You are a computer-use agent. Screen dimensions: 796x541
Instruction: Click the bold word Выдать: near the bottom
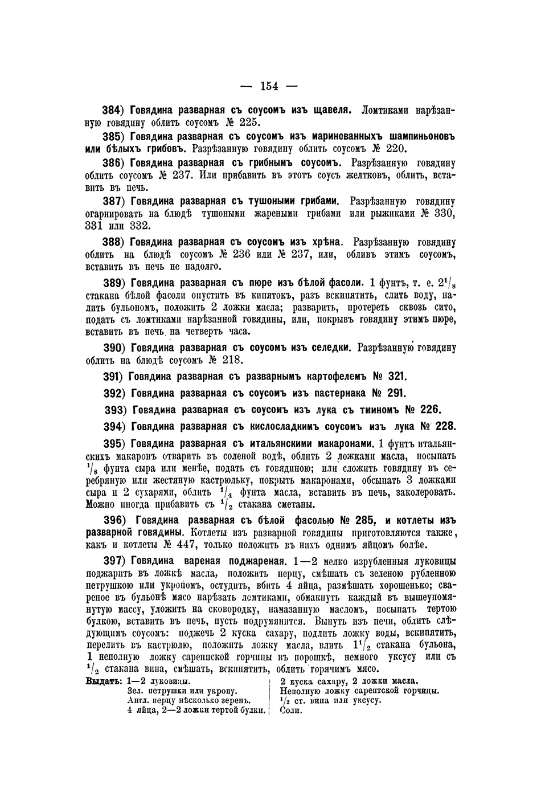tap(103, 681)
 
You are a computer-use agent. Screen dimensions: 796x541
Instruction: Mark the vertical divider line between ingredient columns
tap(269, 696)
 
